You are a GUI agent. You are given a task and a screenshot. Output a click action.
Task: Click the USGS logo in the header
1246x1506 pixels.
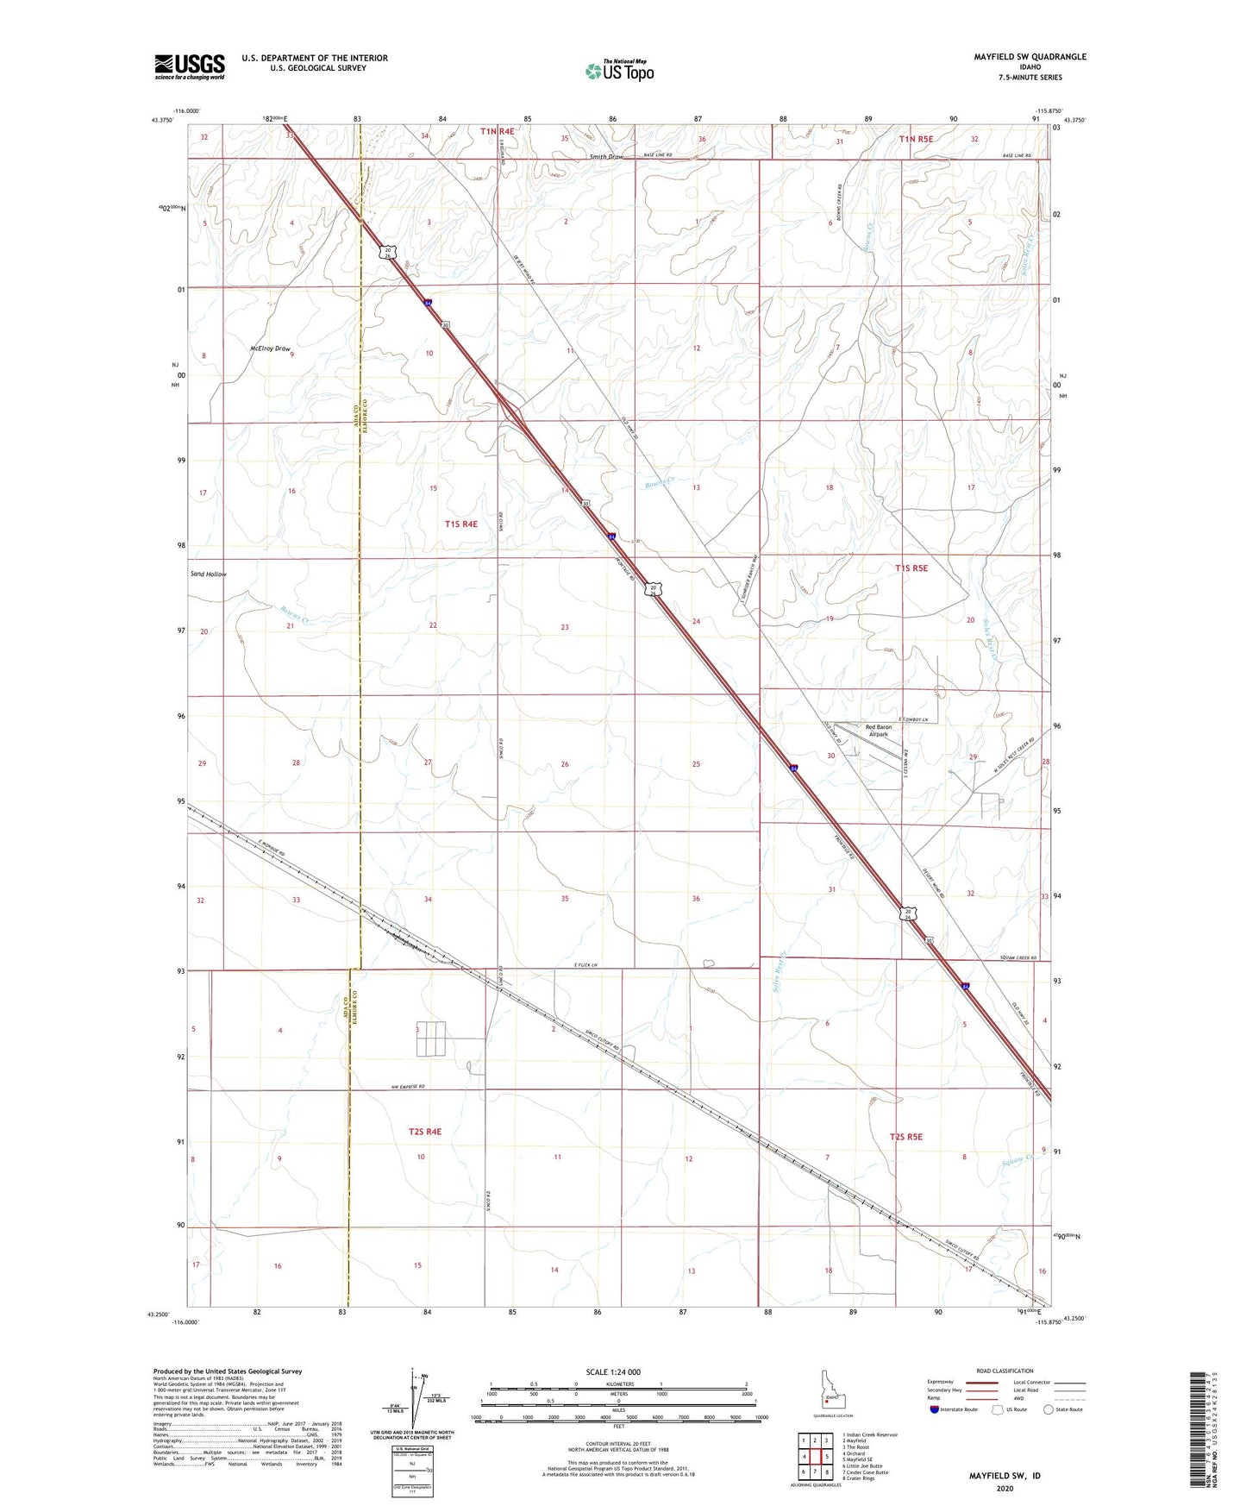(x=190, y=66)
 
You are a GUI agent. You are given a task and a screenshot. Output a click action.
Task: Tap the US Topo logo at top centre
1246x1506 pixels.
(x=618, y=71)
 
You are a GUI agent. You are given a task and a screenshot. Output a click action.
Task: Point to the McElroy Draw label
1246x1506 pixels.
(x=270, y=348)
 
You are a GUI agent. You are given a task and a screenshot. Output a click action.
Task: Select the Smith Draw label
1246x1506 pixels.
(x=606, y=157)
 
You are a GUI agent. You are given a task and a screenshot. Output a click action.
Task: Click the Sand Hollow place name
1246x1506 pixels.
(x=209, y=574)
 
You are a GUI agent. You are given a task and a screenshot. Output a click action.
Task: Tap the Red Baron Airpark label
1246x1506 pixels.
(x=878, y=731)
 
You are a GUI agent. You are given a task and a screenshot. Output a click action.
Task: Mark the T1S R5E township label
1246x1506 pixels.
(x=911, y=568)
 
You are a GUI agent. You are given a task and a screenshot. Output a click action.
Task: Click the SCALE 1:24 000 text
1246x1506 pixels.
(x=613, y=1371)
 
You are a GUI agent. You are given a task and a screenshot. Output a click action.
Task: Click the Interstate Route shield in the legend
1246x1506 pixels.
(x=935, y=1409)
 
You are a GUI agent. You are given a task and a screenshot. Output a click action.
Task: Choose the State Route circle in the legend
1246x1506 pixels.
(x=1049, y=1409)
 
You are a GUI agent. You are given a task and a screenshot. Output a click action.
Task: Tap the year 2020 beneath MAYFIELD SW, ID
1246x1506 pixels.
(x=1005, y=1488)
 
